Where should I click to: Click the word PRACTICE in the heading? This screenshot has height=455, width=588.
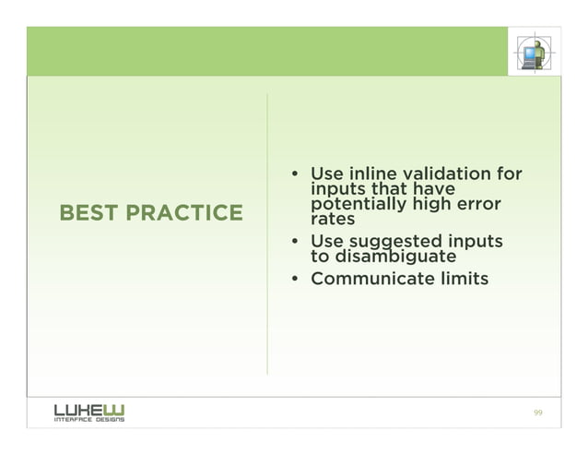184,214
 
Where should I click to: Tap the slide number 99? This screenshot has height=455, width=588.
538,412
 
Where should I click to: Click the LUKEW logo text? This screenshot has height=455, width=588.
88,408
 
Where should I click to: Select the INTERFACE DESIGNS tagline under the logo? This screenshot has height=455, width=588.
88,419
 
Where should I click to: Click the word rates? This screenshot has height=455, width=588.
333,220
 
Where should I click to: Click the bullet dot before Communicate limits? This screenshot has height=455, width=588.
294,279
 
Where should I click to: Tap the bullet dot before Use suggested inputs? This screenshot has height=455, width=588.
294,243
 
